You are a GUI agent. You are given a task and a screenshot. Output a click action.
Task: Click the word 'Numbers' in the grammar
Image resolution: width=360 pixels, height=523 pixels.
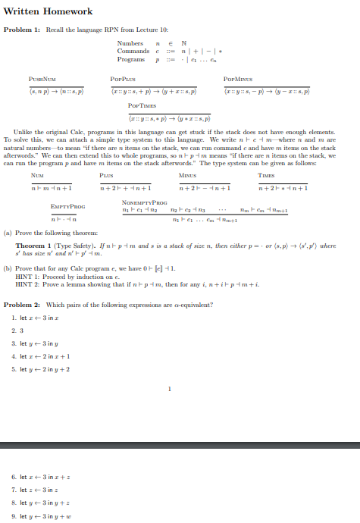tap(129, 43)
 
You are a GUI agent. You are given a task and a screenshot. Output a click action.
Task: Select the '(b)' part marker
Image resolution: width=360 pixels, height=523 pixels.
tap(8, 269)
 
